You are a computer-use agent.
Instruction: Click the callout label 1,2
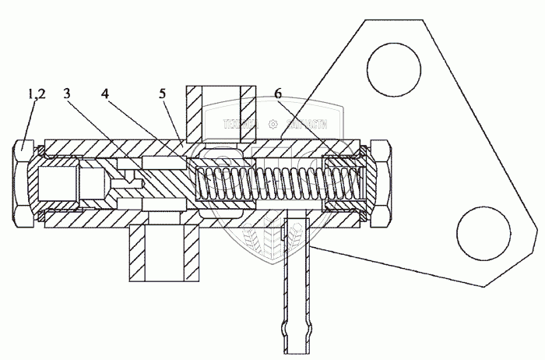[x=34, y=94]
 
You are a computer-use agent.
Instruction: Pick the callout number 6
[x=278, y=94]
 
